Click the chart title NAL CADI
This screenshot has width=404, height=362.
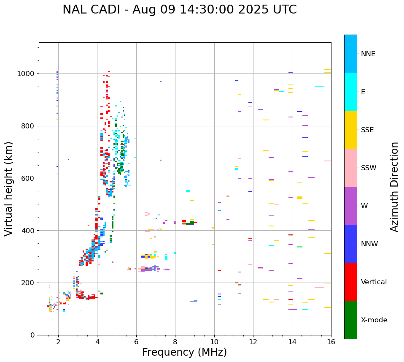[x=179, y=10]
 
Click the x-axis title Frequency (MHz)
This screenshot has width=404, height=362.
[x=184, y=352]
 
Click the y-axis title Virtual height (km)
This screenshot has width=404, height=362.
[x=9, y=188]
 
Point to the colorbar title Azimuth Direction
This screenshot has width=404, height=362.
[x=394, y=187]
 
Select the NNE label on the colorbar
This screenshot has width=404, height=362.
[x=368, y=54]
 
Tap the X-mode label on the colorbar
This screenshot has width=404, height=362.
[x=374, y=320]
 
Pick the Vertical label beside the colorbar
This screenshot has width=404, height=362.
[x=374, y=282]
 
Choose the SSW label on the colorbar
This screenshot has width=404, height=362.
[x=369, y=168]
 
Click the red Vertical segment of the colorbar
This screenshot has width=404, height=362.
[x=350, y=282]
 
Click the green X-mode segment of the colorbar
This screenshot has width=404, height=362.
[x=350, y=320]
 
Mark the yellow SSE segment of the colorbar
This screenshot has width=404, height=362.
[x=350, y=130]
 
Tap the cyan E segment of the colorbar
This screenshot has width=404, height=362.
[x=350, y=92]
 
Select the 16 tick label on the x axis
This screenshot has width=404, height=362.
[x=331, y=342]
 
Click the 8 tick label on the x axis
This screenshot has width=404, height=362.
[x=175, y=342]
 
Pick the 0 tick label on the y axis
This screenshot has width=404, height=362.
[x=33, y=335]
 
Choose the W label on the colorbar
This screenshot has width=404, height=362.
[x=365, y=206]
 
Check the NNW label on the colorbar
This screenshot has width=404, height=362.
[x=369, y=244]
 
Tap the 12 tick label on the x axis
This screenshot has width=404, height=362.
[x=253, y=342]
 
